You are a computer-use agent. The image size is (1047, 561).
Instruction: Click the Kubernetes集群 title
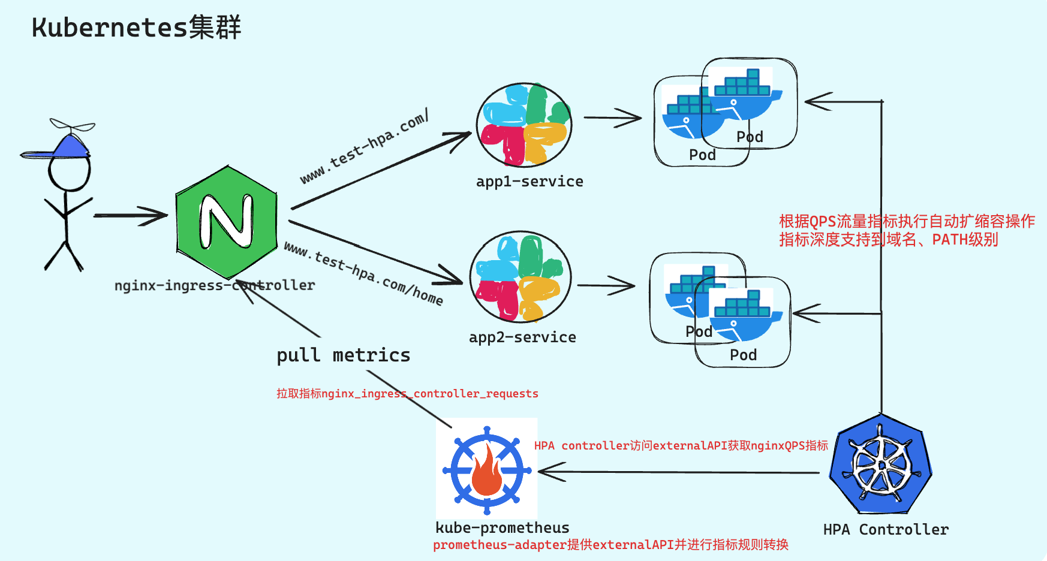pos(136,28)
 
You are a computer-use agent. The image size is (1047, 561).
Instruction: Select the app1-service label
pos(529,182)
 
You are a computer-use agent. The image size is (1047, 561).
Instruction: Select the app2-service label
pos(522,337)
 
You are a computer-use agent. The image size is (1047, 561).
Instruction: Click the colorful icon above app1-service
pos(524,125)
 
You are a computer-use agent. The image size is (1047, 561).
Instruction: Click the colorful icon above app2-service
pos(521,277)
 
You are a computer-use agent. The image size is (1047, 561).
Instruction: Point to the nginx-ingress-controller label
pos(214,286)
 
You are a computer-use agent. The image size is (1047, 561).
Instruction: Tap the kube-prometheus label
pos(502,528)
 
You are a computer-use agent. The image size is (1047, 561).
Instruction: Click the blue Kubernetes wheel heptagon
pos(880,465)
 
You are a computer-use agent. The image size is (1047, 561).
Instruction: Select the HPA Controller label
pos(886,530)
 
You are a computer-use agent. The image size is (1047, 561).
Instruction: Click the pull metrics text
pos(343,355)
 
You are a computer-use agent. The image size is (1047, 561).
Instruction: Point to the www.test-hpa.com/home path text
pos(363,273)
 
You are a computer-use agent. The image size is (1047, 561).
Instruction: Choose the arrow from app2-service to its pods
pos(606,286)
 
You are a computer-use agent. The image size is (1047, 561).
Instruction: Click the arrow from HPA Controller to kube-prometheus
pos(678,472)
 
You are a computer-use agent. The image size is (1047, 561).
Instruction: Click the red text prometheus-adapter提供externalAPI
pos(610,545)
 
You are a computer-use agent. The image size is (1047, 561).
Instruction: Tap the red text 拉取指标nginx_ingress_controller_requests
pos(407,394)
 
